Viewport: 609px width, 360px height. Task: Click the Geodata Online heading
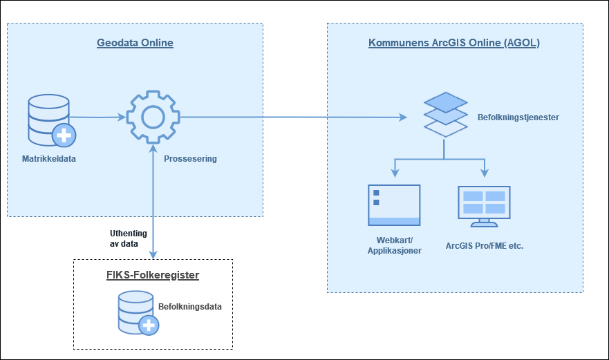coord(135,43)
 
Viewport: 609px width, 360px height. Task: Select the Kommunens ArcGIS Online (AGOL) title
coord(454,43)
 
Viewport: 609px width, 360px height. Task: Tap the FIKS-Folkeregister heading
coord(153,275)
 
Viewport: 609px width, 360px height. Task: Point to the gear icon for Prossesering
coord(153,117)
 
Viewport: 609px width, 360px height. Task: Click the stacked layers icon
coord(445,115)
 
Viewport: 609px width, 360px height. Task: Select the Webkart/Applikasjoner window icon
coord(394,205)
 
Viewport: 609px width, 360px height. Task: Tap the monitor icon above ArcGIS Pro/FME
coord(484,206)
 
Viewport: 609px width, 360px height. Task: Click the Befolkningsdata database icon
coord(138,313)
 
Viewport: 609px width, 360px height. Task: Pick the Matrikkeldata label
coord(49,158)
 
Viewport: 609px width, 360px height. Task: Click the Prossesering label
coord(190,158)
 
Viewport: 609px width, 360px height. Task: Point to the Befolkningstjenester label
coord(518,117)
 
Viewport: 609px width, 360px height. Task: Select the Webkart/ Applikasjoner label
coord(395,245)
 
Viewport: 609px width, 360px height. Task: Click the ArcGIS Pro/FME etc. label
coord(485,246)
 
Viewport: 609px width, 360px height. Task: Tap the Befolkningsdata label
coord(190,306)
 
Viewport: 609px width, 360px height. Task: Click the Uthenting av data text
coord(128,238)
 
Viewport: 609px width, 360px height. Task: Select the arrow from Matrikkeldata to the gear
coord(97,117)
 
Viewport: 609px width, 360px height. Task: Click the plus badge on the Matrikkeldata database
coord(64,135)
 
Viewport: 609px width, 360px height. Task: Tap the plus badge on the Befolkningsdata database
coord(149,325)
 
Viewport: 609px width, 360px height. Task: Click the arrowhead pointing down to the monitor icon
coord(485,173)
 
